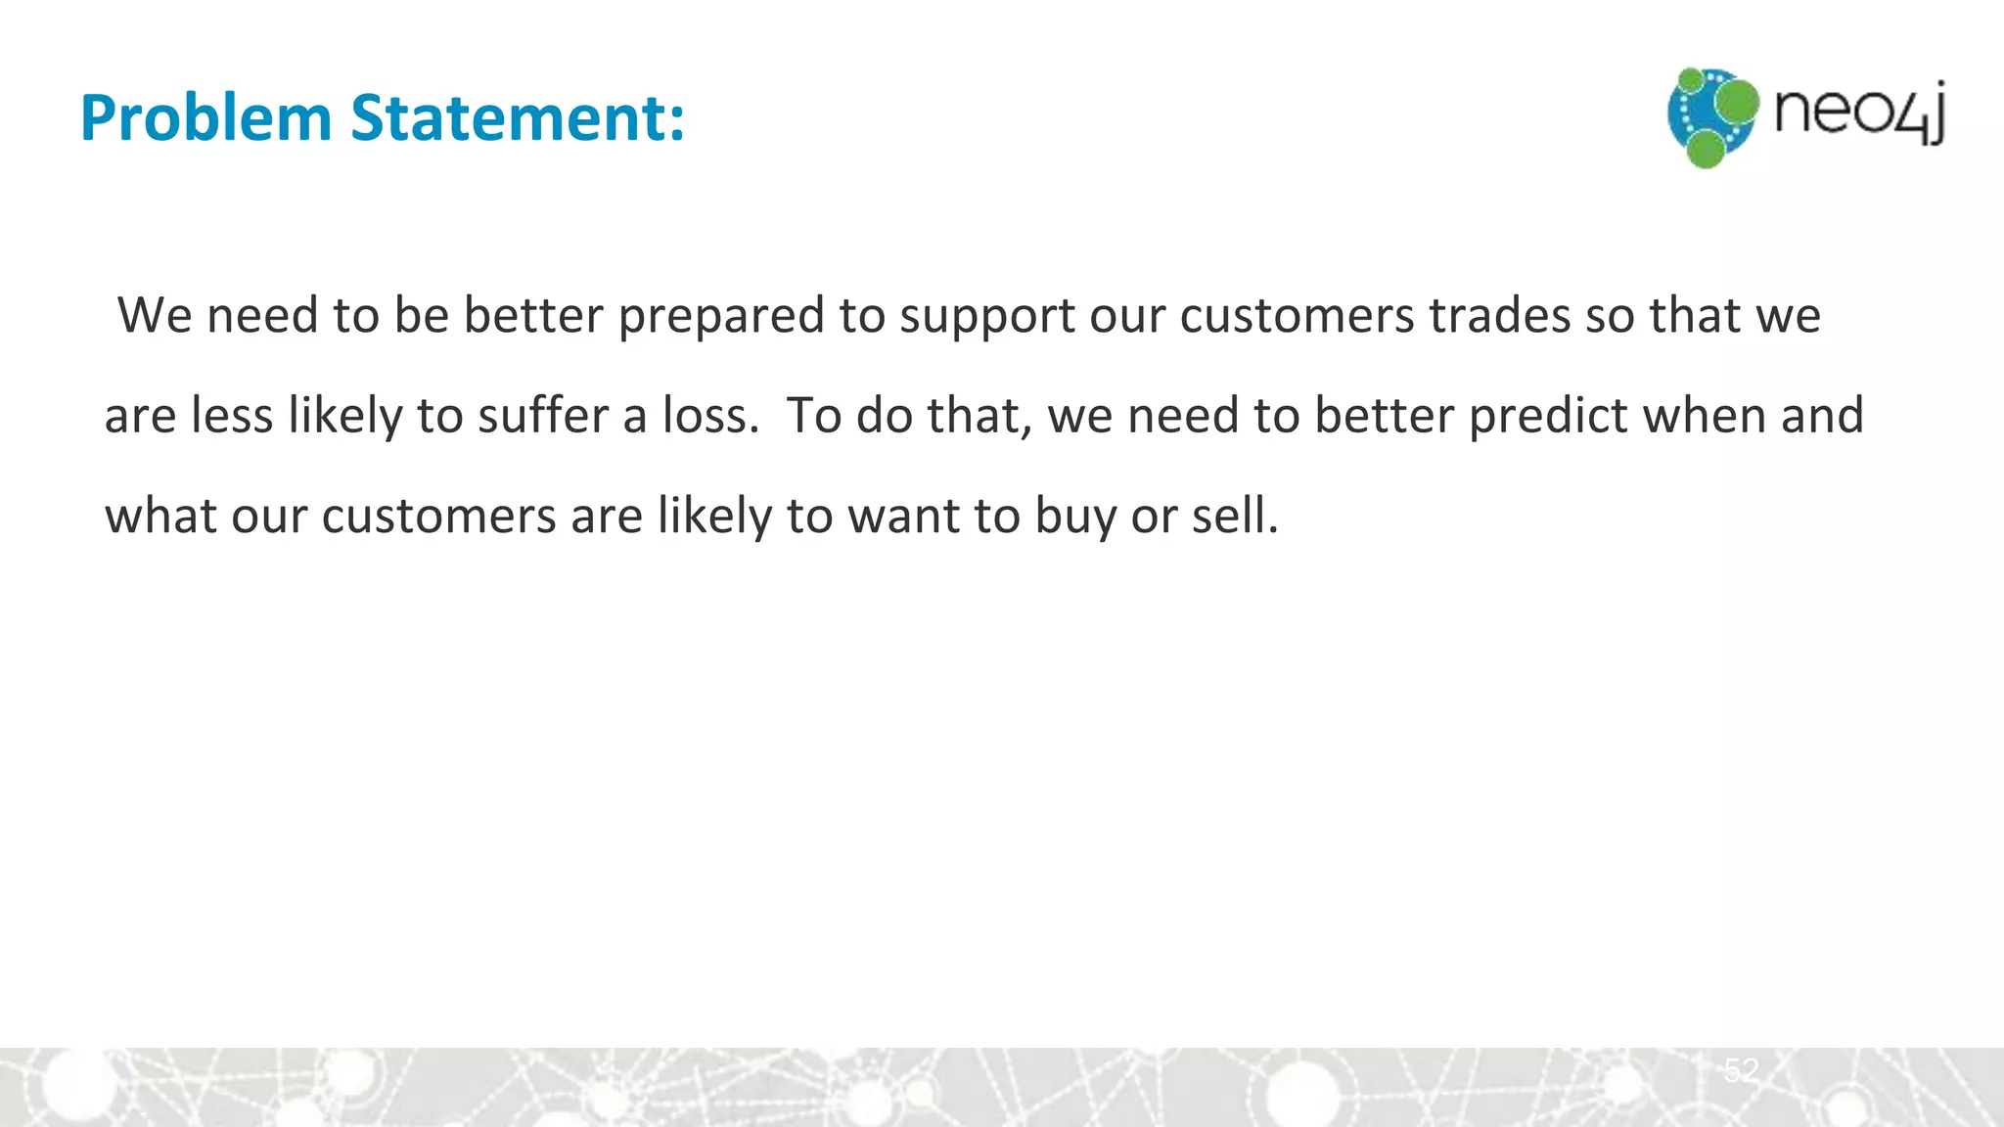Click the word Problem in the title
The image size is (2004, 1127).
coord(206,118)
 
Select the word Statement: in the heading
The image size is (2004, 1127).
coord(518,118)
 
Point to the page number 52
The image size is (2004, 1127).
coord(1741,1070)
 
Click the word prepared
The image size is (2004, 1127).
coord(721,316)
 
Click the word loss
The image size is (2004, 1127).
coord(709,416)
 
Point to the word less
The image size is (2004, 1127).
coord(232,416)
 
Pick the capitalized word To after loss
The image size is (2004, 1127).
coord(814,416)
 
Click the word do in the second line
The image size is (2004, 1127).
coord(885,416)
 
